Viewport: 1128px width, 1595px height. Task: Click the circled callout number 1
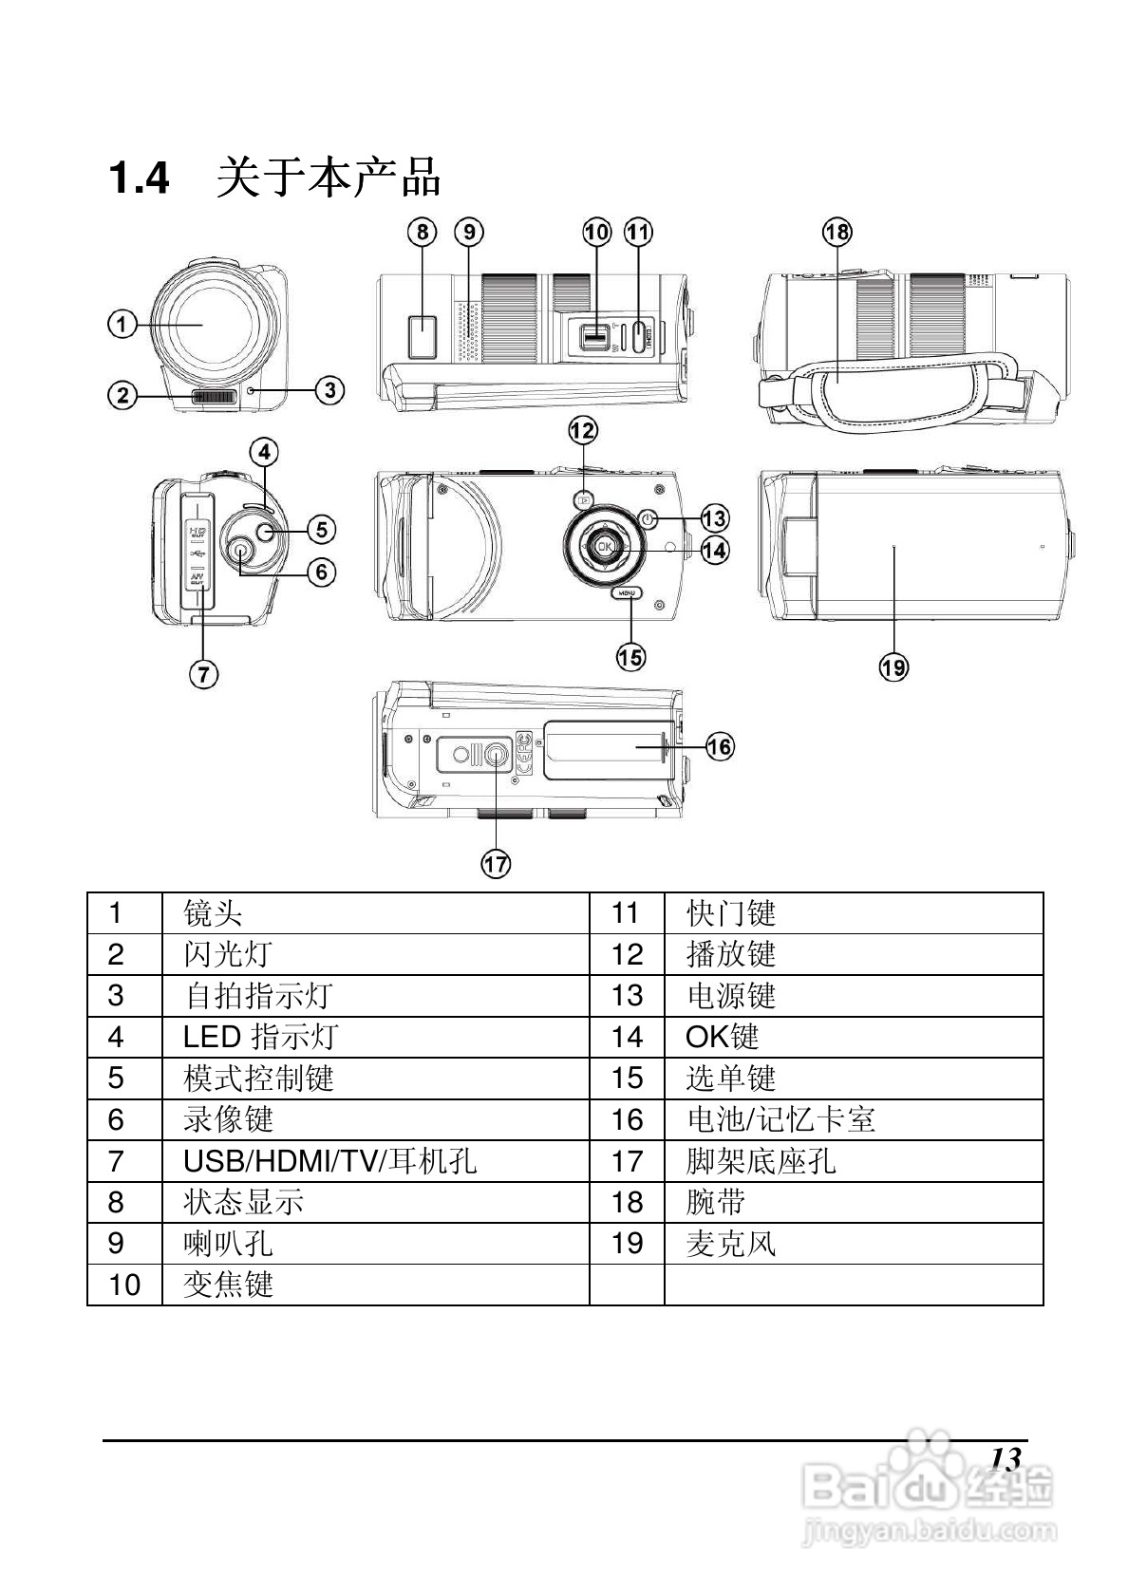click(122, 325)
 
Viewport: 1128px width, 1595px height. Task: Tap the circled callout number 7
click(203, 674)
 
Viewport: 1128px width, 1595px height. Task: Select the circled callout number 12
click(583, 431)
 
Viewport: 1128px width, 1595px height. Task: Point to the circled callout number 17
click(496, 863)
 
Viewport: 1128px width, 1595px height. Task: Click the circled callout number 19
click(893, 667)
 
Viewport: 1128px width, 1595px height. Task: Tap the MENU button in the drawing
click(627, 592)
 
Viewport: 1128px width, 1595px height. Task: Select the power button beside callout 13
click(648, 519)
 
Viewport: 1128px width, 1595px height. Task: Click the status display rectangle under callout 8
click(422, 336)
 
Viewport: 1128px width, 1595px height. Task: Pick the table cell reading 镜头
click(213, 913)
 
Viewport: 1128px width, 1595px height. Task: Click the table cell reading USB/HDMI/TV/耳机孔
click(329, 1160)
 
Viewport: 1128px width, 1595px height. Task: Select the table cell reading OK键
click(722, 1037)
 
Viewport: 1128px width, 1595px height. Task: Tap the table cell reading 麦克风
click(730, 1243)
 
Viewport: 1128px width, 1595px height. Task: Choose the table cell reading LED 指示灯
click(260, 1037)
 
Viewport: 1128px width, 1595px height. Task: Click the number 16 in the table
click(627, 1119)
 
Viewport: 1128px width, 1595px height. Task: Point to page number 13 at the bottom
click(1005, 1458)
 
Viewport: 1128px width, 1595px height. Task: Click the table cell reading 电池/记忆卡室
click(780, 1119)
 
